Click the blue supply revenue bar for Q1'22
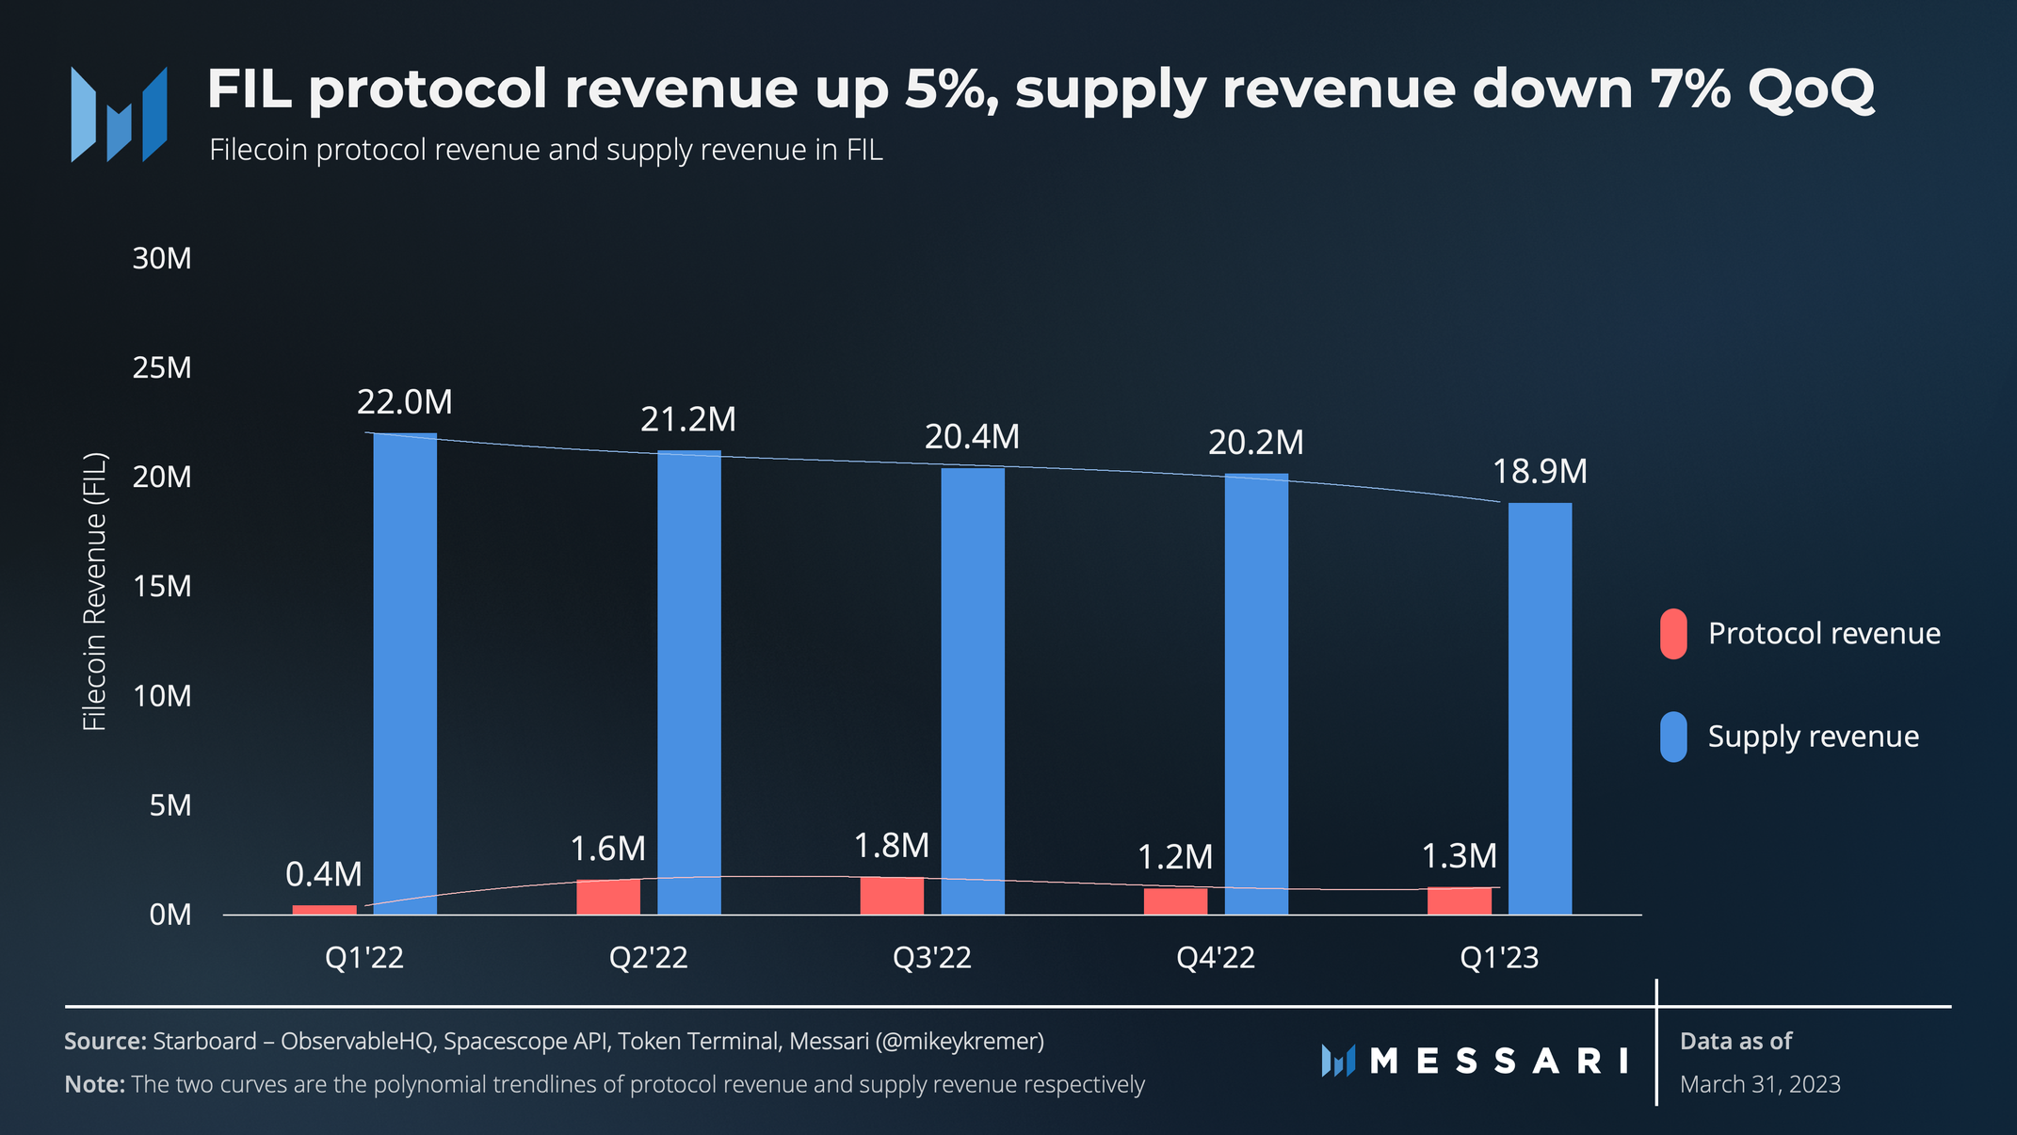click(405, 673)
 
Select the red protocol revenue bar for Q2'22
click(608, 897)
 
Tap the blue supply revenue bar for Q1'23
click(1540, 708)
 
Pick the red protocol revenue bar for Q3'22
click(892, 896)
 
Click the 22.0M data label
click(405, 402)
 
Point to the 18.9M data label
click(1540, 471)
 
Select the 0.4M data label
click(324, 875)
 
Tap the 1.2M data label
click(1175, 857)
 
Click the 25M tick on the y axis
click(162, 367)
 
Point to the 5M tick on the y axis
click(170, 805)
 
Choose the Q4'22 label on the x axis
click(1216, 958)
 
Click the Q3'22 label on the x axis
click(932, 958)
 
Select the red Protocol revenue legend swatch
click(1673, 634)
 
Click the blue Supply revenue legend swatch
click(1673, 737)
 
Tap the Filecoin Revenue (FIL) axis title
click(95, 592)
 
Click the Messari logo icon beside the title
click(119, 114)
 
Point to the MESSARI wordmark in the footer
click(1498, 1062)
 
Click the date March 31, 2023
click(1760, 1084)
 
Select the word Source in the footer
click(105, 1041)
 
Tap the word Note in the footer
click(94, 1084)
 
